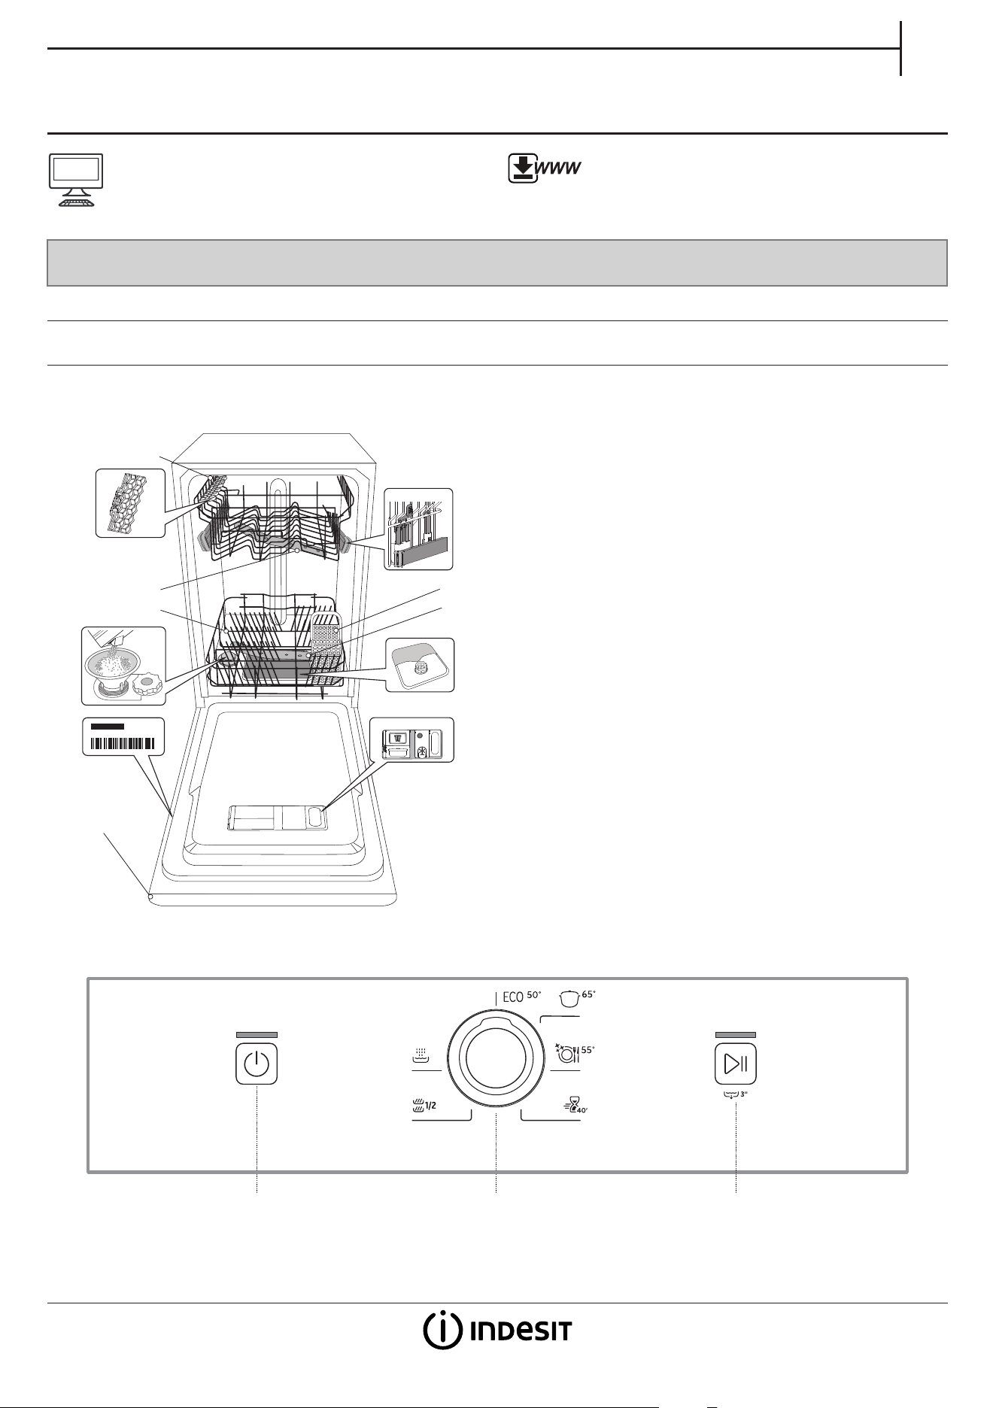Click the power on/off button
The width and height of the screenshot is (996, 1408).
point(257,1064)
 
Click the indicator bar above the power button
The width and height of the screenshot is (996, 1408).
point(257,1035)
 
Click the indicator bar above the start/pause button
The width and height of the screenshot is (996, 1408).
point(735,1035)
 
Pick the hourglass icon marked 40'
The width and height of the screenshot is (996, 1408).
point(575,1104)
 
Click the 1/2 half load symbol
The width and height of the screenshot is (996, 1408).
point(426,1105)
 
